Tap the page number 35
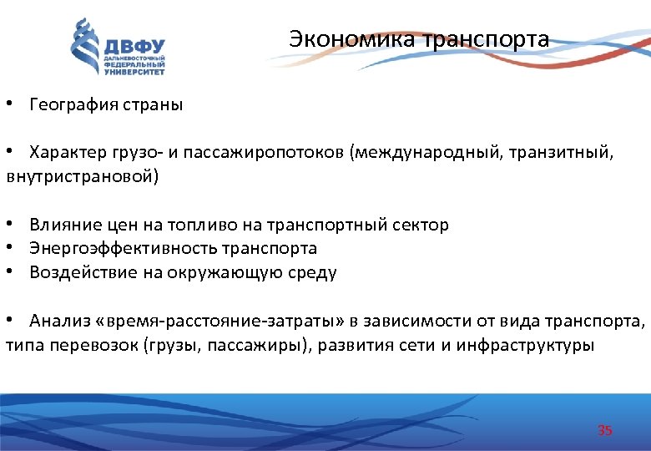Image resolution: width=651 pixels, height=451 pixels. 605,430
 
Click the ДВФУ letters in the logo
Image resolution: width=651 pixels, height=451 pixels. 134,46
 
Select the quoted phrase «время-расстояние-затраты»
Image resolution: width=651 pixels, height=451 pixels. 228,321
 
